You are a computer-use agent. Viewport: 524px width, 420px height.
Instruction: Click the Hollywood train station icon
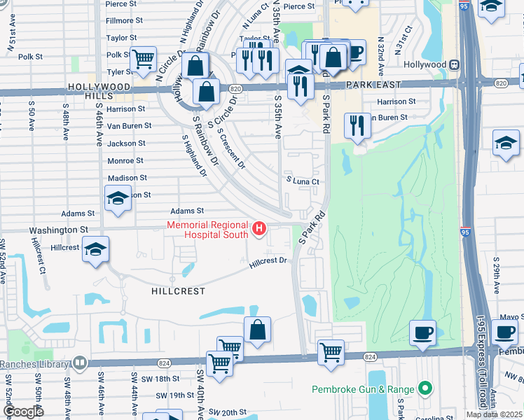click(x=455, y=65)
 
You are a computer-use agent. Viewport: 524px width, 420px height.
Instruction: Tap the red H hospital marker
click(x=260, y=228)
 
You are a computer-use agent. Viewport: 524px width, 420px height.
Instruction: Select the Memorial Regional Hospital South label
click(x=207, y=230)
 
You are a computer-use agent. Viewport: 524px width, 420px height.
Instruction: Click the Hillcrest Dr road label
click(x=268, y=262)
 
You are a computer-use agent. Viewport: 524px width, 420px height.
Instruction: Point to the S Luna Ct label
click(x=302, y=181)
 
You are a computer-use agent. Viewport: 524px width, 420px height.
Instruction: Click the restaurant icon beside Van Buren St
click(x=358, y=126)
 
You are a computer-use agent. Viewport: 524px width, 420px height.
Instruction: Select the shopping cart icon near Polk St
click(x=143, y=59)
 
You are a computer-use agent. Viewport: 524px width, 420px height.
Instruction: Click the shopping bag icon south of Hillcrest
click(x=257, y=330)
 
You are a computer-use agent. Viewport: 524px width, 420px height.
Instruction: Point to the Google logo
click(x=23, y=412)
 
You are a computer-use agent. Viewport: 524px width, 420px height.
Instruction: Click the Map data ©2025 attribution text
click(x=494, y=414)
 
